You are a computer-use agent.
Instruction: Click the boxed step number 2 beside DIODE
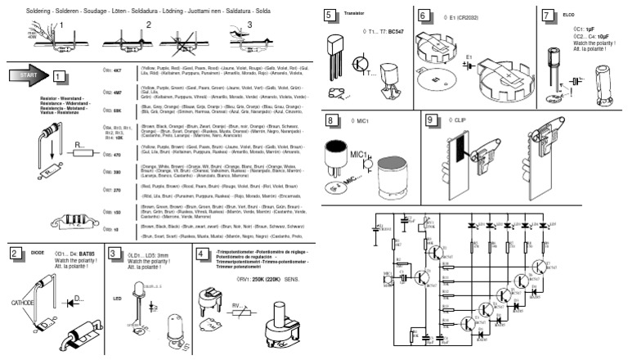(x=15, y=253)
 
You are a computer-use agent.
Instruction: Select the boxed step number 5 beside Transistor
(x=329, y=16)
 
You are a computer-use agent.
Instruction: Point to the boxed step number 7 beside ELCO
(x=547, y=16)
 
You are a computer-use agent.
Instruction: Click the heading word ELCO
(x=569, y=15)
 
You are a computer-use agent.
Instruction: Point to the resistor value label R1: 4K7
(x=113, y=71)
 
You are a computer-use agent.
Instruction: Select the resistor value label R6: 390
(x=113, y=172)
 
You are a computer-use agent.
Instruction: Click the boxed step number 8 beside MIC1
(x=330, y=120)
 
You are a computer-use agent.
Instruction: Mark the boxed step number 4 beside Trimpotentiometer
(x=203, y=253)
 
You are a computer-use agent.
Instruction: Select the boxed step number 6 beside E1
(x=424, y=16)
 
